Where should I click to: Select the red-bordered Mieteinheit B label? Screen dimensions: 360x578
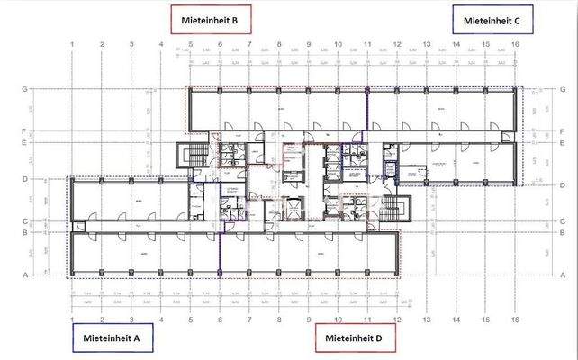[209, 18]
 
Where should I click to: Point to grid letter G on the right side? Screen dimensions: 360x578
[557, 88]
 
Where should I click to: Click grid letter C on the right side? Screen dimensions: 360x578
[557, 220]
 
